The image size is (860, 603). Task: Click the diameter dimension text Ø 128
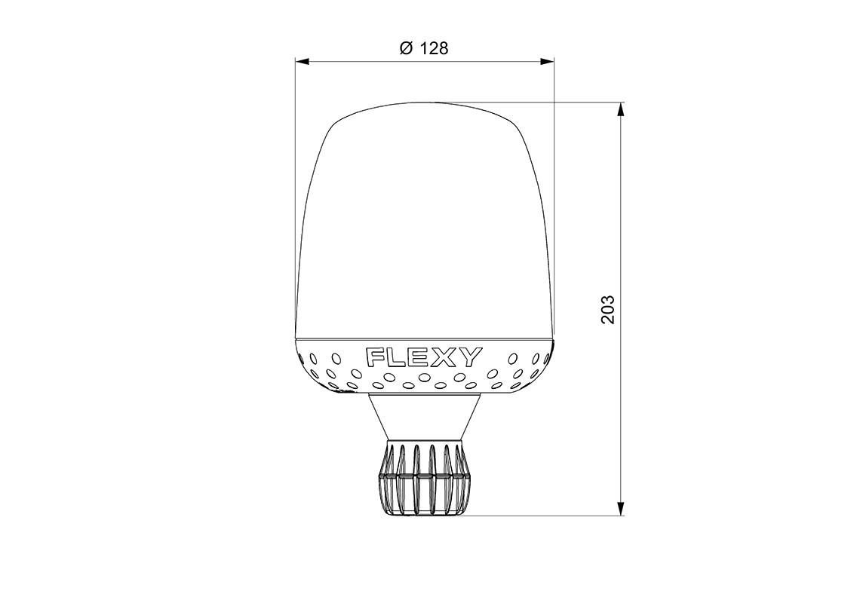coord(424,49)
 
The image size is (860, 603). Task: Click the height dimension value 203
coord(608,310)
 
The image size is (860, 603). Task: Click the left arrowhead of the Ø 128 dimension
coord(303,61)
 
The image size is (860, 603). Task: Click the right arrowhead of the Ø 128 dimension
coord(546,61)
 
